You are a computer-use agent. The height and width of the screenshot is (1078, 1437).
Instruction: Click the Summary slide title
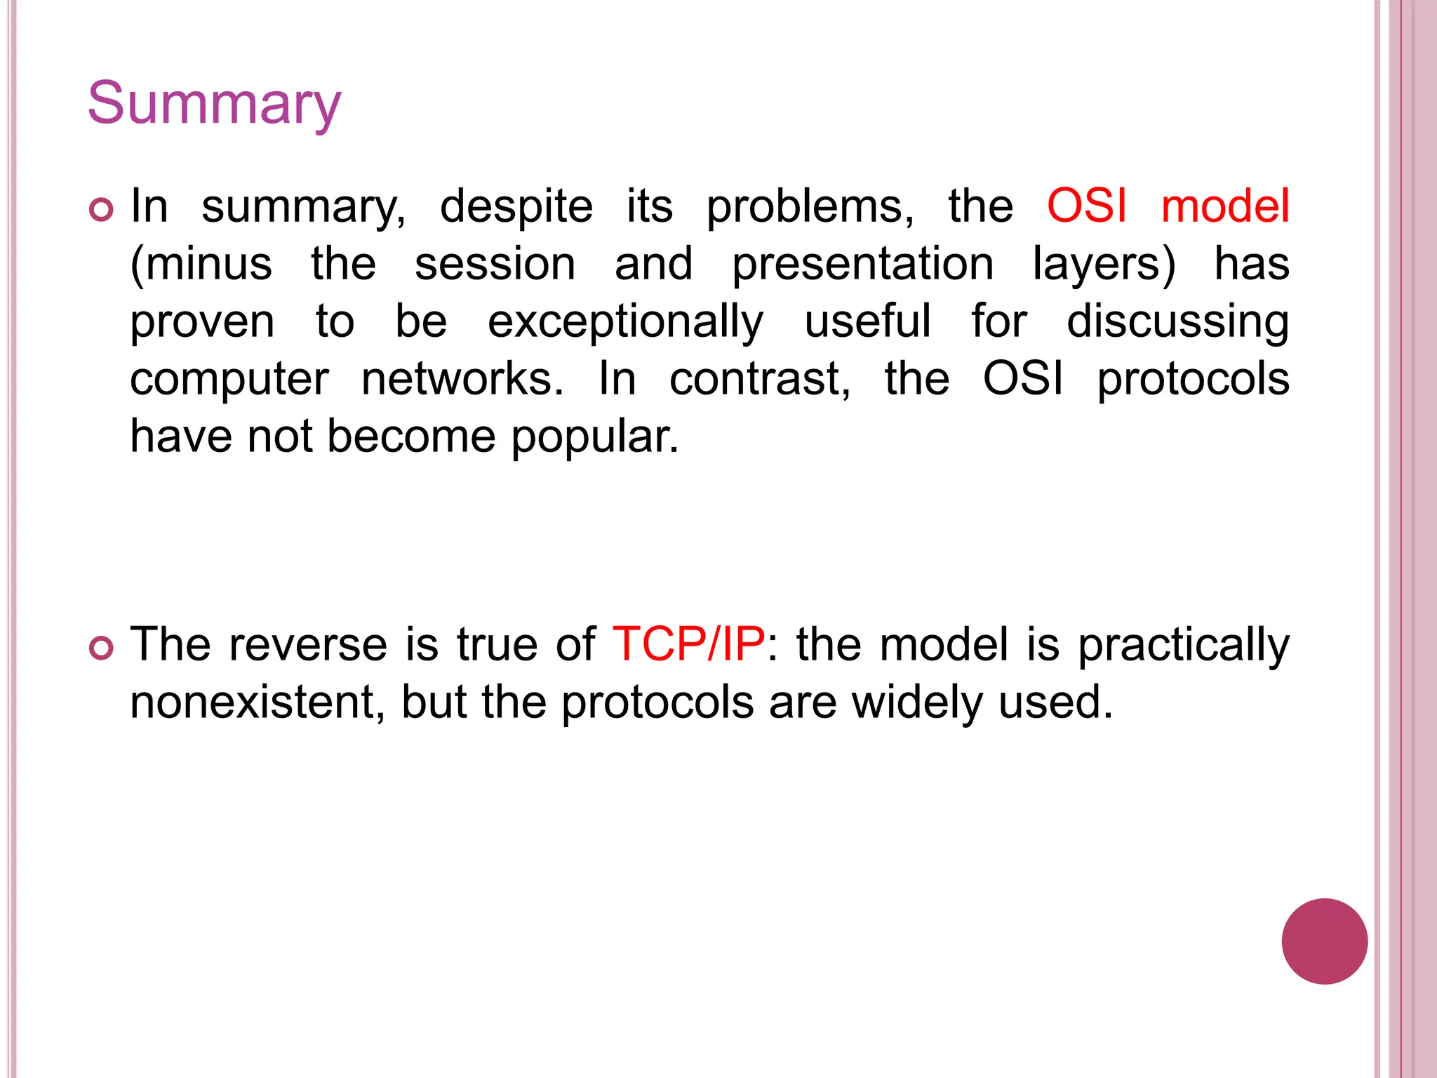point(214,104)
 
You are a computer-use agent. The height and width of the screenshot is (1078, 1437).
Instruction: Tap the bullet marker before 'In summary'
point(102,210)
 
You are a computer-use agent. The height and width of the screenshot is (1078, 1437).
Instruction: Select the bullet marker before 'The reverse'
point(102,648)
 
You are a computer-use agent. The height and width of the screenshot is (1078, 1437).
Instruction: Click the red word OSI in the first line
point(1086,206)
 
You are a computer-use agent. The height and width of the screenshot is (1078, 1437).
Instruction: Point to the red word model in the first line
point(1225,206)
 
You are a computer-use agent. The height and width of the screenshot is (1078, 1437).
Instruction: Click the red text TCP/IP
point(688,644)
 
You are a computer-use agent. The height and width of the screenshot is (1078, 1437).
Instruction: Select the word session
point(495,265)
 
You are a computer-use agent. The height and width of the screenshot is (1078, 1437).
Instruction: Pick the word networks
point(462,379)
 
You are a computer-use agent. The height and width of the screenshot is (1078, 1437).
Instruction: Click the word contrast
point(760,379)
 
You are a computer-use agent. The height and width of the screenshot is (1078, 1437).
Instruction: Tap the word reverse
point(307,644)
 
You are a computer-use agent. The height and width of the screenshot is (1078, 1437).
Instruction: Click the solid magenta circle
point(1324,941)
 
